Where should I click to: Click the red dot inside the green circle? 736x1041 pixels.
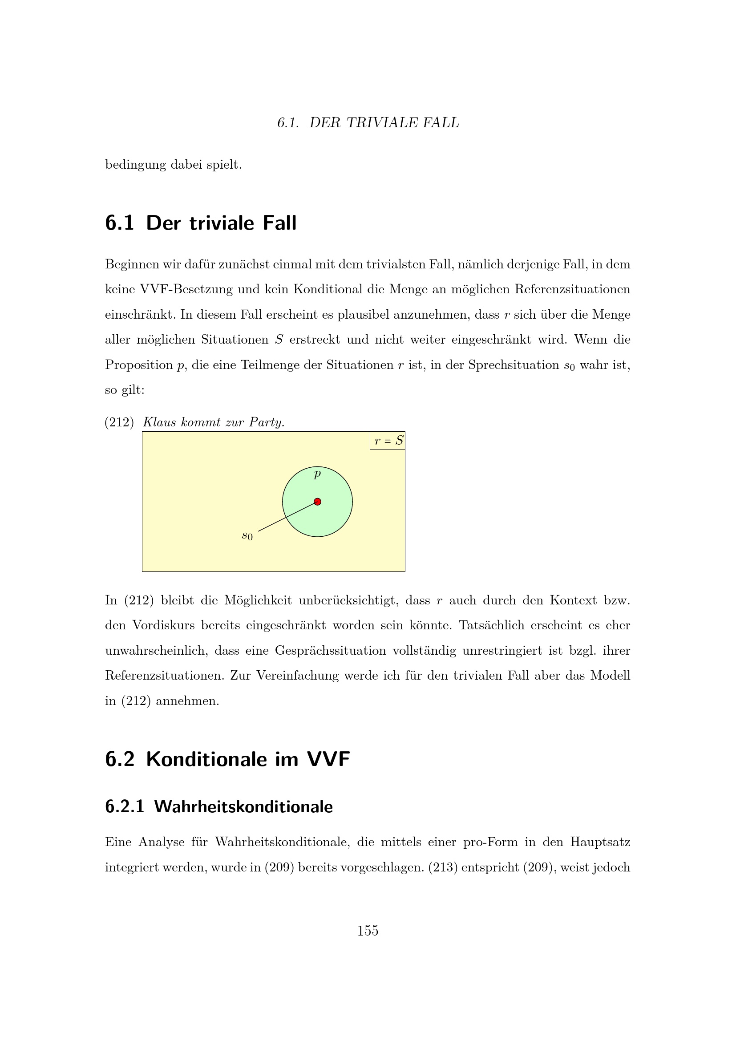tap(317, 502)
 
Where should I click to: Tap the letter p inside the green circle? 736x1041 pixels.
tap(317, 474)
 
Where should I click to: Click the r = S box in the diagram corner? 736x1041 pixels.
tap(388, 441)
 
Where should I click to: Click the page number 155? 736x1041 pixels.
tap(368, 931)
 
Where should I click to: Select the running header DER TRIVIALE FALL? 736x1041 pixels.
tap(384, 123)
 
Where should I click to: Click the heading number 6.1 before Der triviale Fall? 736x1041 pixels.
tap(119, 223)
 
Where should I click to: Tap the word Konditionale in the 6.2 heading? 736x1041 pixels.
tap(206, 759)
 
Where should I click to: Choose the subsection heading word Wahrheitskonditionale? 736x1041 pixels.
tap(243, 806)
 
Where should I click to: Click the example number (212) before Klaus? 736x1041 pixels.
tap(119, 422)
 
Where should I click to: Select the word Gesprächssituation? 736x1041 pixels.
tap(330, 651)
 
